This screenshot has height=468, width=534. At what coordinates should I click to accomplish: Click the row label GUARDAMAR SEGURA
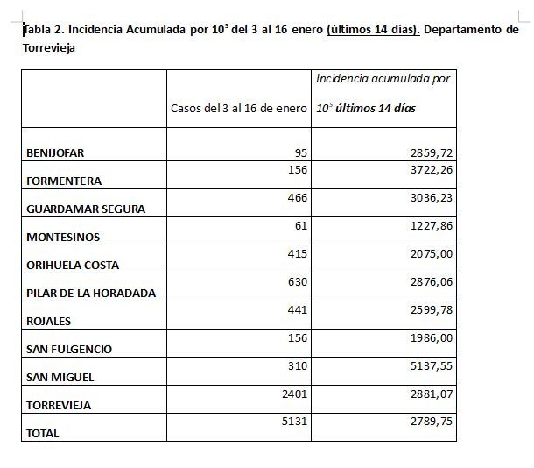[x=86, y=209]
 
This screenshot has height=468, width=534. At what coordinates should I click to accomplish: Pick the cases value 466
[x=297, y=197]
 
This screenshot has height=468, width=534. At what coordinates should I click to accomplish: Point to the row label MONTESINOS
[x=63, y=237]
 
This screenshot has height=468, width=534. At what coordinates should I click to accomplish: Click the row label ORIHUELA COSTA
[x=73, y=265]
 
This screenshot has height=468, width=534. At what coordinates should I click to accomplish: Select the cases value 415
[x=297, y=253]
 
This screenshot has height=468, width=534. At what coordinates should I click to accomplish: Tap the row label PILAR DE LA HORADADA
[x=91, y=293]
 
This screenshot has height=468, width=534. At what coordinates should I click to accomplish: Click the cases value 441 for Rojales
[x=297, y=309]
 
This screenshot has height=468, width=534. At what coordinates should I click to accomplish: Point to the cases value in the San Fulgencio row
[x=297, y=337]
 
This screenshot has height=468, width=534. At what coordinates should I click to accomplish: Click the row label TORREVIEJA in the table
[x=59, y=405]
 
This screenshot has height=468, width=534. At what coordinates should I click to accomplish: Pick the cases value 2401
[x=293, y=394]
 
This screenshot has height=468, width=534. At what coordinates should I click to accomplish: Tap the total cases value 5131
[x=293, y=422]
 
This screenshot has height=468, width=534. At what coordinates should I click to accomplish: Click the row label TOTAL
[x=43, y=433]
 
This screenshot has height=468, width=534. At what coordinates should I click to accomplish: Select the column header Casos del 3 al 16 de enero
[x=238, y=109]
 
